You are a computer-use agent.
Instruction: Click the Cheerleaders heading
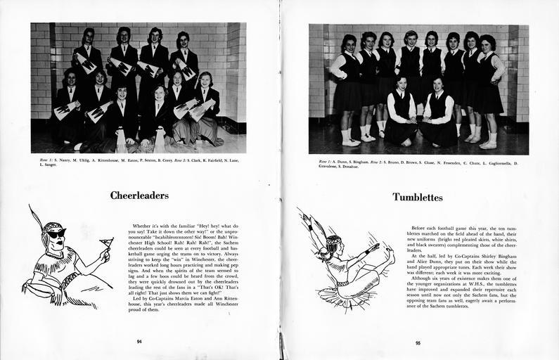pos(139,195)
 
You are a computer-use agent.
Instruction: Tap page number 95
pos(418,343)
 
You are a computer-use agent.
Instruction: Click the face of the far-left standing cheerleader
pos(89,37)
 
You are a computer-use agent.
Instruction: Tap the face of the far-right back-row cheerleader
pos(184,40)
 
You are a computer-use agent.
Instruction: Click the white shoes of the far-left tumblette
pos(347,141)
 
